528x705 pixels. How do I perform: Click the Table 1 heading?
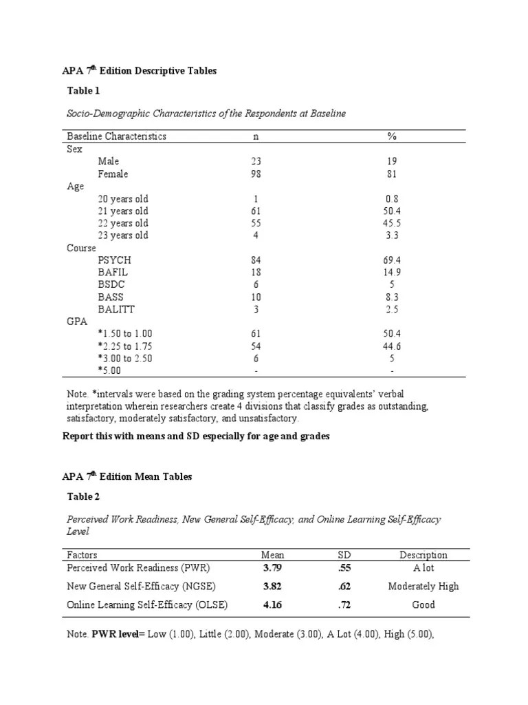tap(83, 90)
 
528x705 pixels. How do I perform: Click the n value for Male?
tap(256, 161)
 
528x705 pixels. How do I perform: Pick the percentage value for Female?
tap(392, 173)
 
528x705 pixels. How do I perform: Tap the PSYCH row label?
tap(114, 260)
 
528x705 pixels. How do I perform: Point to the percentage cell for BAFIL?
tap(392, 273)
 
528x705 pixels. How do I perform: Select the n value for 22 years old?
tap(256, 223)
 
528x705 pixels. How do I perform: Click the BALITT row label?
tap(116, 310)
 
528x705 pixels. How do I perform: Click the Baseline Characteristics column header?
tap(116, 136)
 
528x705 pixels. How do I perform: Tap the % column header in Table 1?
tap(392, 136)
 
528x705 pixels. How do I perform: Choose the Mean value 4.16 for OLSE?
tap(273, 605)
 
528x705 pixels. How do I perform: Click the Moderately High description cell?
tap(423, 587)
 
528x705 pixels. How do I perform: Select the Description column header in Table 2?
tap(423, 555)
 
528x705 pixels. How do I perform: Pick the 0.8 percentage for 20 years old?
tap(392, 199)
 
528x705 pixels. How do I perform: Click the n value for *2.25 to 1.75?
tap(256, 346)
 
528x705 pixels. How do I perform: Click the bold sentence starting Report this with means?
tap(197, 436)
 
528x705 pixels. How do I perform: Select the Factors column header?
tap(82, 555)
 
